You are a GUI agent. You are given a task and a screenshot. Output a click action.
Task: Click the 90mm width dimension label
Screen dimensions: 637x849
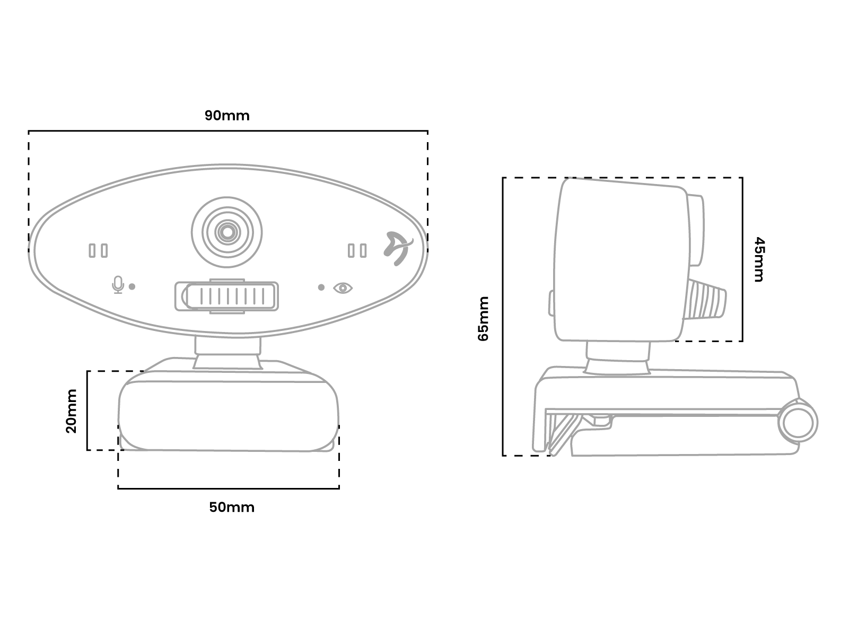point(227,115)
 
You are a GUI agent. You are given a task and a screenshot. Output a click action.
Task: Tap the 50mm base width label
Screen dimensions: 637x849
point(232,507)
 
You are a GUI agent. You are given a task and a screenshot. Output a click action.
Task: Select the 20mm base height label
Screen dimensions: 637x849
point(72,411)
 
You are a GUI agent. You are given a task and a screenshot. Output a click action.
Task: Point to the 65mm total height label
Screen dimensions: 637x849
point(484,318)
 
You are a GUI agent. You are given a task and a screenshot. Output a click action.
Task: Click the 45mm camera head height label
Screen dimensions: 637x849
point(759,259)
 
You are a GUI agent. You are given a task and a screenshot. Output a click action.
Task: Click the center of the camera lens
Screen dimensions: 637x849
point(227,232)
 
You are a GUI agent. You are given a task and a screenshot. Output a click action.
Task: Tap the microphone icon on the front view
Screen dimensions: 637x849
point(118,285)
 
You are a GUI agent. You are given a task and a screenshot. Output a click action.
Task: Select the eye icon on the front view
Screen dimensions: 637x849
point(343,287)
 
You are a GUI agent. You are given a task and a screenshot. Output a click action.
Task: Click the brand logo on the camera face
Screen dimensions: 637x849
point(398,248)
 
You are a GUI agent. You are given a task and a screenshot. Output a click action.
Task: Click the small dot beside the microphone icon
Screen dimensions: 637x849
point(132,286)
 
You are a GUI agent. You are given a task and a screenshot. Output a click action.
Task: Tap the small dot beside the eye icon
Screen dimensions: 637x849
point(321,287)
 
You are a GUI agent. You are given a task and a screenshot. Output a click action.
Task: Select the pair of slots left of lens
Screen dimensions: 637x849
point(98,250)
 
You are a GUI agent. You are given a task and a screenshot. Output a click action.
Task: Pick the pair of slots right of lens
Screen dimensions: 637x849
point(357,250)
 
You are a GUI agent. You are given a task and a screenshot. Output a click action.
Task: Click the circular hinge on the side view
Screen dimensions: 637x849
point(798,422)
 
